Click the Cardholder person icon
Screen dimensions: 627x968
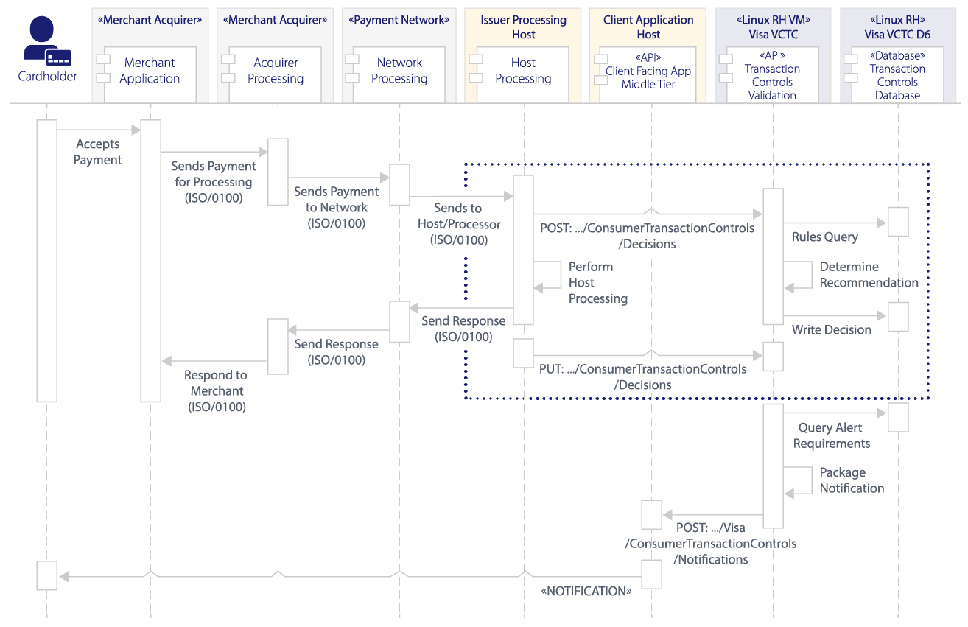pyautogui.click(x=42, y=42)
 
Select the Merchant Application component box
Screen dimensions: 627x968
pyautogui.click(x=150, y=71)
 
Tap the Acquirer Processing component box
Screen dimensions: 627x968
pyautogui.click(x=276, y=71)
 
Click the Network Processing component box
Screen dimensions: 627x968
pyautogui.click(x=399, y=71)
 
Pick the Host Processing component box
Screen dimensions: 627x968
pyautogui.click(x=523, y=71)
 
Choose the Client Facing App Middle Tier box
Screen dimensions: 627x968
pyautogui.click(x=648, y=71)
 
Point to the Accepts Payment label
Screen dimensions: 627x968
pyautogui.click(x=97, y=153)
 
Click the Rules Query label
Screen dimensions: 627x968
pyautogui.click(x=824, y=237)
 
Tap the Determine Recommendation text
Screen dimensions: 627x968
pyautogui.click(x=869, y=275)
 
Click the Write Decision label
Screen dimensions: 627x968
pyautogui.click(x=831, y=330)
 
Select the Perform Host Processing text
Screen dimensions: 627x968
pyautogui.click(x=597, y=283)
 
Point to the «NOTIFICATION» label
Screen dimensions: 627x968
pyautogui.click(x=586, y=592)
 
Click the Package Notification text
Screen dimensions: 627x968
pyautogui.click(x=852, y=480)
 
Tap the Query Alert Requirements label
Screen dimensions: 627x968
pyautogui.click(x=831, y=435)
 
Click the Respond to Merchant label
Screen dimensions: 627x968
pyautogui.click(x=217, y=391)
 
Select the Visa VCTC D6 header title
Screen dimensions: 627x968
pyautogui.click(x=897, y=34)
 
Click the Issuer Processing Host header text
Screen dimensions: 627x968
pyautogui.click(x=523, y=27)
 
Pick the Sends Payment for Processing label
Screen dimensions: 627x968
pyautogui.click(x=214, y=182)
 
